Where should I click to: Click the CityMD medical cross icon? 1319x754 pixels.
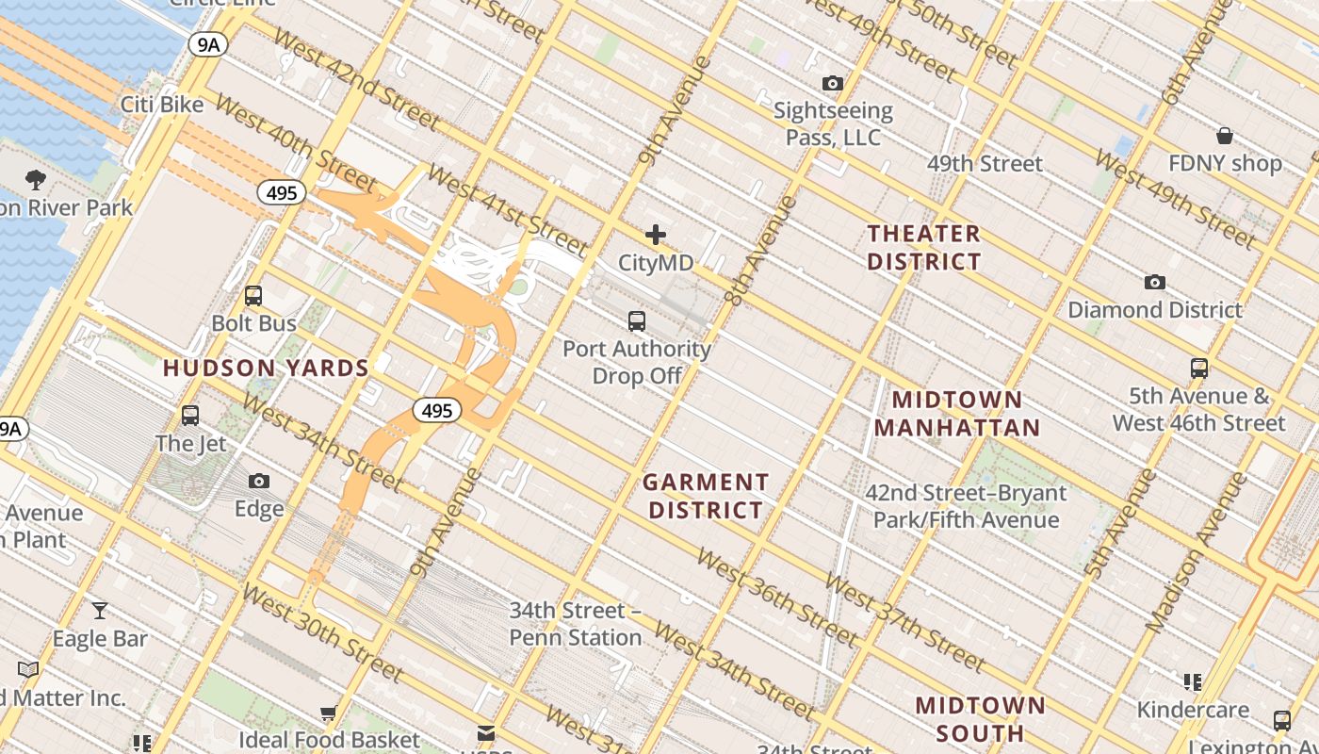coord(656,235)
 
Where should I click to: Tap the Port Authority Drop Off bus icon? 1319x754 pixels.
coord(637,321)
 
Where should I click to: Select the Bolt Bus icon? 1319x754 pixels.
coord(252,296)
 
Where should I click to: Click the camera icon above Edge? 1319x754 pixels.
coord(259,482)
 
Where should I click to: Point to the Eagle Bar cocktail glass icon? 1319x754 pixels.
coord(99,611)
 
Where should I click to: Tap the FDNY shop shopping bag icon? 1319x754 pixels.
coord(1224,136)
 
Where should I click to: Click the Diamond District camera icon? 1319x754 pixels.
coord(1154,283)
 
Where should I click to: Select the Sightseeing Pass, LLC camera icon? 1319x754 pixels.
coord(832,84)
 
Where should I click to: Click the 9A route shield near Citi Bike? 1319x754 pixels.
coord(206,43)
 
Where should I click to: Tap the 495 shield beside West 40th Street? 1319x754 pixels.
coord(281,193)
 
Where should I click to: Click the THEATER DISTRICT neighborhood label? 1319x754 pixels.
coord(923,247)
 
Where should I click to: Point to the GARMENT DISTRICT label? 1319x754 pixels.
coord(705,497)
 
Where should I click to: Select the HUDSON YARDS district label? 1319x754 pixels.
coord(266,369)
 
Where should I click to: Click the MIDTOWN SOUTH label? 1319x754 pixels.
coord(980,718)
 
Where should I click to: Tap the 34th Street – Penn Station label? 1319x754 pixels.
coord(575,624)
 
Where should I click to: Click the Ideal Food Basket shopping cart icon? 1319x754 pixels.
coord(328,713)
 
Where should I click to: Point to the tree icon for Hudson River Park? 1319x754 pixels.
coord(36,179)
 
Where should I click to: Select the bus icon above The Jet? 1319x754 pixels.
coord(190,416)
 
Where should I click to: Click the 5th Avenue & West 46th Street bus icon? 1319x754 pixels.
coord(1198,369)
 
